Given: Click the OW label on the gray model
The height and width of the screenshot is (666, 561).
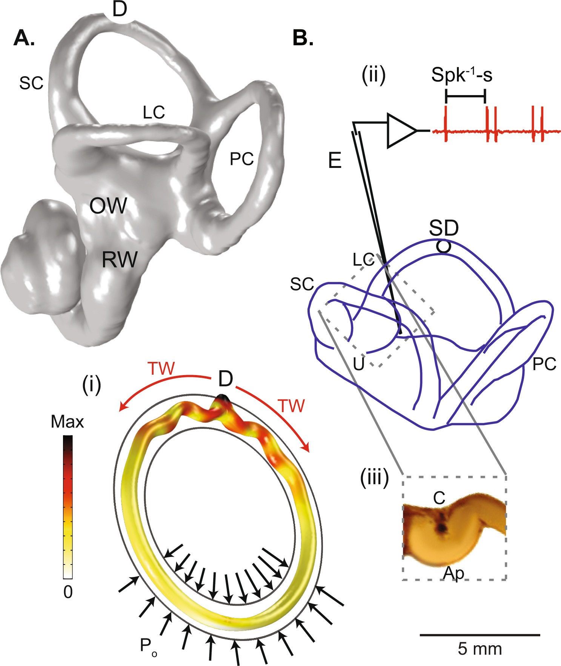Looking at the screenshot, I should tap(108, 206).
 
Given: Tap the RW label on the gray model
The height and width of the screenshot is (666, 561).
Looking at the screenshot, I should tap(120, 260).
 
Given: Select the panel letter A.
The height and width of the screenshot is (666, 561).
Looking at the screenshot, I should tap(24, 38).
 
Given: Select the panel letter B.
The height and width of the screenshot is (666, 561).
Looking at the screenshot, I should tap(303, 38).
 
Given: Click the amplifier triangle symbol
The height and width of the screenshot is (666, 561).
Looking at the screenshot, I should tap(401, 131).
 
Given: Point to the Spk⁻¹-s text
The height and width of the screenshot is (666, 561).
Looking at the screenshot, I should tap(461, 75).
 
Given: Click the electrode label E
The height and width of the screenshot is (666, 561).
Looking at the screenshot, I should tap(335, 161).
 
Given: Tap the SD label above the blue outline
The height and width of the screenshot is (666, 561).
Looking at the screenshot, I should tap(444, 228).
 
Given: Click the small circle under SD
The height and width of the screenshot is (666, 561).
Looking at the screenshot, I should tap(443, 247).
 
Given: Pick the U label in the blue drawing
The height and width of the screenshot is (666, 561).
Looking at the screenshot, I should tap(358, 364).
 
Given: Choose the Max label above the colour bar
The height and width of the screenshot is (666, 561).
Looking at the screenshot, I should tap(67, 422).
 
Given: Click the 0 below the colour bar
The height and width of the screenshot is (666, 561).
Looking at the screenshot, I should tap(68, 592).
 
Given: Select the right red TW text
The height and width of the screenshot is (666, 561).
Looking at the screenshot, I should tap(291, 406).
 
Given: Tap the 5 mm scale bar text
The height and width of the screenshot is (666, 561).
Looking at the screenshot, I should tap(480, 649).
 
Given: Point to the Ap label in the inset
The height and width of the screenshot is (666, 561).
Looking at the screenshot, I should tap(453, 573).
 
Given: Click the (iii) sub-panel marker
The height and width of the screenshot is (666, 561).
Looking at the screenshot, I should tap(375, 479).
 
